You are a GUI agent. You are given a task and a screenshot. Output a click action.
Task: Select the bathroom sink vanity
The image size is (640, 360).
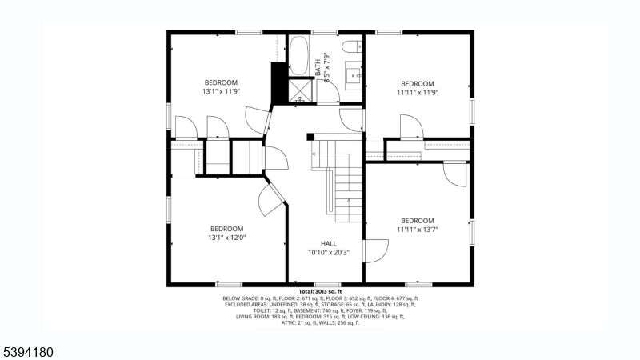click(x=353, y=77)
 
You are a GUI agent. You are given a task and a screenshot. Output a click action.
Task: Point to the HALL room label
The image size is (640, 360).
click(x=329, y=243)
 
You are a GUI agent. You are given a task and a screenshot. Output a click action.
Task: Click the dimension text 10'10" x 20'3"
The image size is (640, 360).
click(x=329, y=253)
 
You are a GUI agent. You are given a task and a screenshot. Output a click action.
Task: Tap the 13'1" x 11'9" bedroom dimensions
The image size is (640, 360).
click(x=221, y=91)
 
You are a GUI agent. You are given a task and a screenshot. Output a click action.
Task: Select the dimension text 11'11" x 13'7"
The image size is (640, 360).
click(x=417, y=230)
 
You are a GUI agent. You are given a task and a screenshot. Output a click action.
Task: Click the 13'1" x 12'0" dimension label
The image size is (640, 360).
click(x=222, y=237)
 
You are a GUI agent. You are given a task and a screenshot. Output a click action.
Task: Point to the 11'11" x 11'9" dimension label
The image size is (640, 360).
click(x=417, y=92)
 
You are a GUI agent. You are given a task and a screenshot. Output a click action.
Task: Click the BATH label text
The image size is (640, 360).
click(x=318, y=67)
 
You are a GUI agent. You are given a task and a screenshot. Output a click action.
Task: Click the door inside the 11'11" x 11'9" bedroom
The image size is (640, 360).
click(x=409, y=126)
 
